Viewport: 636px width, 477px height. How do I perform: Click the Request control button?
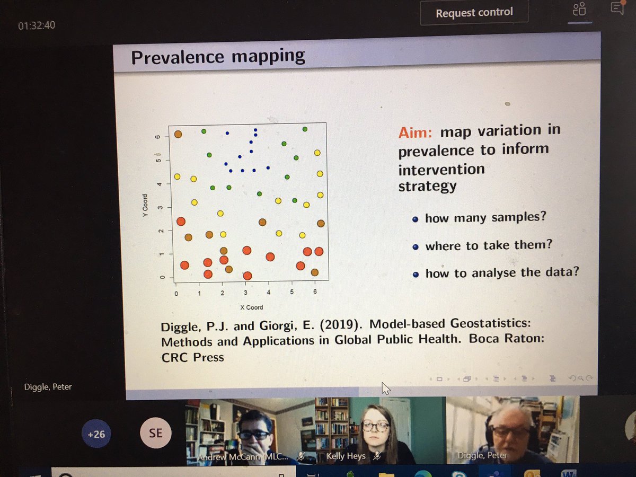click(474, 13)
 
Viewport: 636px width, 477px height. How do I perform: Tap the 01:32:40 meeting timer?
click(37, 25)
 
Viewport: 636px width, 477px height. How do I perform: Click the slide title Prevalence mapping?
click(218, 56)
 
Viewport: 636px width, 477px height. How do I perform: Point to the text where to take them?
click(489, 245)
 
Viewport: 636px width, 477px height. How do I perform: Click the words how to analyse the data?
click(502, 272)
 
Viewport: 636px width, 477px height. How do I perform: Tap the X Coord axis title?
click(251, 307)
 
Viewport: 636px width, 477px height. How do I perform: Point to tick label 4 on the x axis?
click(269, 293)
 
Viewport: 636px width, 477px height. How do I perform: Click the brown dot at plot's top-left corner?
click(178, 134)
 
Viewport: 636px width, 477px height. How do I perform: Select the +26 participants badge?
click(96, 434)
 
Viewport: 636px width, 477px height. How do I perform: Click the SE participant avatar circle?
click(155, 434)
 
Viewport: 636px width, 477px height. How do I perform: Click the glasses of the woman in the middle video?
click(375, 426)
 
